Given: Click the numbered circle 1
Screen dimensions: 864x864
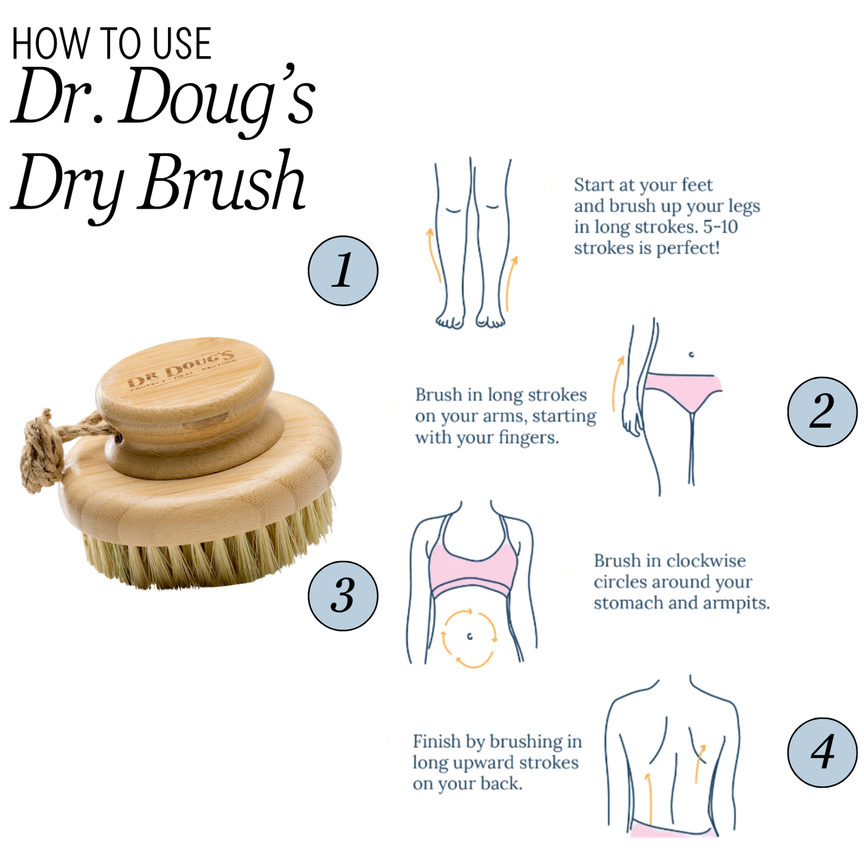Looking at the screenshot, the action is click(343, 271).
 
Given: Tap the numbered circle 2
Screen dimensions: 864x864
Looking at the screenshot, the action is click(822, 411).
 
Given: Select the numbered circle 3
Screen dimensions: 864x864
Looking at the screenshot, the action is click(343, 596).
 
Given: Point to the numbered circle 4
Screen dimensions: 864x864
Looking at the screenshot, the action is click(822, 752).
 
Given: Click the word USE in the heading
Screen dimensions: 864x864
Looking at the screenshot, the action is click(181, 44).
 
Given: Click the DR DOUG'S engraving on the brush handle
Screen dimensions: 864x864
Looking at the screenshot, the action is click(182, 370).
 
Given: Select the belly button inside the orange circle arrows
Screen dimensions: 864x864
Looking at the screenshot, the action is click(470, 636).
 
